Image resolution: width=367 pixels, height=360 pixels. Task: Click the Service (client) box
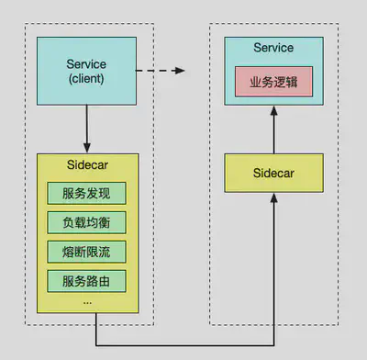[87, 71]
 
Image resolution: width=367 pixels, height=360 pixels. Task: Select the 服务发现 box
[87, 194]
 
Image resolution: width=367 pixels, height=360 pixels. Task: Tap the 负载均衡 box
[87, 222]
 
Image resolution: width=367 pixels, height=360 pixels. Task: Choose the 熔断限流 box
[87, 251]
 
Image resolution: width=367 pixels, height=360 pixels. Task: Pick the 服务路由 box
[87, 279]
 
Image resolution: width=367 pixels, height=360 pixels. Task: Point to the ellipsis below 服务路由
[87, 299]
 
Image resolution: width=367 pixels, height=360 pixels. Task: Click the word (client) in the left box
[87, 78]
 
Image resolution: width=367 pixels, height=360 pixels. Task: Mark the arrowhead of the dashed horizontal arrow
[181, 71]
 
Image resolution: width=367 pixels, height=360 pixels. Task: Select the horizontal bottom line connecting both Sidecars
[183, 345]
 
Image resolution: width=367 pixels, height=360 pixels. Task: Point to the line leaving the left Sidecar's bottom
[96, 329]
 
